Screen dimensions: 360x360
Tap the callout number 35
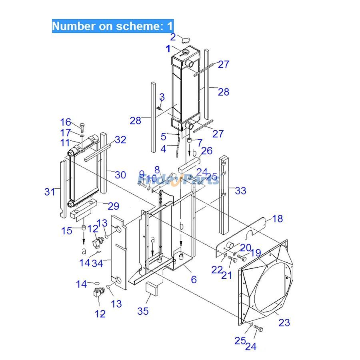143,311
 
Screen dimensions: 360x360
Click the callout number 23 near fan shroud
284,322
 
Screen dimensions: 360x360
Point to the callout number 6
194,280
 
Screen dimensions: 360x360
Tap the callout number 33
240,191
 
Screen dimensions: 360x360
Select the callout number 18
277,218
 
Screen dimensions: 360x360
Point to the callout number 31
50,192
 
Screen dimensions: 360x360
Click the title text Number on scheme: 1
113,26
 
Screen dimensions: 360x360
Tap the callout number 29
114,206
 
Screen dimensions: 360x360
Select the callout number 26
207,151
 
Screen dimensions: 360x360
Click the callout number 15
67,231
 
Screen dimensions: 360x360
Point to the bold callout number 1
168,49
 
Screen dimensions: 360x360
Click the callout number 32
120,140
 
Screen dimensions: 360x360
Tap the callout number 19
256,253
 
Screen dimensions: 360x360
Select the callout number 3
162,97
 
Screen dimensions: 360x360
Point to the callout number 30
120,174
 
